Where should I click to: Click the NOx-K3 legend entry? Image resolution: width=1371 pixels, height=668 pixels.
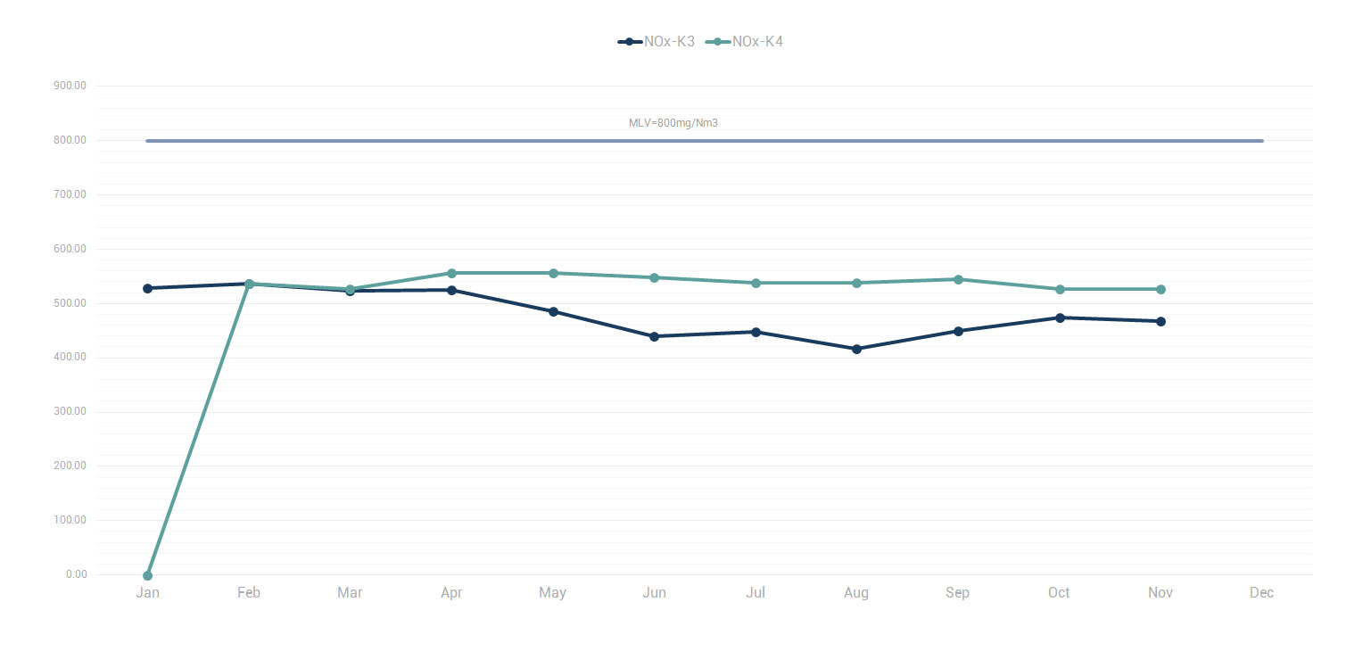(657, 42)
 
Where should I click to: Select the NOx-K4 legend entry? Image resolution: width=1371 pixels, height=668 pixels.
(745, 42)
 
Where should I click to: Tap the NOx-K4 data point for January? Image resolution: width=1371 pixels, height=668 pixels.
(148, 575)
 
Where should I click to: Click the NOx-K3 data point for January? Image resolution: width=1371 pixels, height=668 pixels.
(148, 288)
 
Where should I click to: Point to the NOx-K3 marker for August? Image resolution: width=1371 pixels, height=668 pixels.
(856, 349)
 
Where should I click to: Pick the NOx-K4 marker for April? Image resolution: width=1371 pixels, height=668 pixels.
(451, 273)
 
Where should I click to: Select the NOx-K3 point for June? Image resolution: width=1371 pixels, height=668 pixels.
(654, 336)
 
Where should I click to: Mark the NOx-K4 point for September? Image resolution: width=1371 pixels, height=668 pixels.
(958, 279)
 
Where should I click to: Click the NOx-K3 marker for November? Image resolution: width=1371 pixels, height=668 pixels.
(1160, 321)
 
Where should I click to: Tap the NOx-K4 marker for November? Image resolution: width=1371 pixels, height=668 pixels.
(1160, 289)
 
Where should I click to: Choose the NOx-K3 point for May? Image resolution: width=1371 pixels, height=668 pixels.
(553, 311)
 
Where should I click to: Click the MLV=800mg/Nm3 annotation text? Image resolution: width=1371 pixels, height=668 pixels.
(673, 123)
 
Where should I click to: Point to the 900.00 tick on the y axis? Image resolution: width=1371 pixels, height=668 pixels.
(70, 86)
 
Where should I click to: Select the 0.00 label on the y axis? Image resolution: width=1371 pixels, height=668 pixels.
(76, 574)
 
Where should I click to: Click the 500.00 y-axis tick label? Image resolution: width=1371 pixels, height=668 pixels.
(70, 303)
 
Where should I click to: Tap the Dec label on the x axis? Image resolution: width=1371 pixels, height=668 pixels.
(1261, 593)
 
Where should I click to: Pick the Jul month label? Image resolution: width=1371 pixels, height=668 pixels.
(756, 593)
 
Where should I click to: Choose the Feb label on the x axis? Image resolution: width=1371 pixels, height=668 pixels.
(249, 593)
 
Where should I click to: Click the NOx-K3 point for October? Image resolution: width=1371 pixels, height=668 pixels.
(1060, 318)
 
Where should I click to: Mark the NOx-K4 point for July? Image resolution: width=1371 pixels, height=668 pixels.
(756, 283)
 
